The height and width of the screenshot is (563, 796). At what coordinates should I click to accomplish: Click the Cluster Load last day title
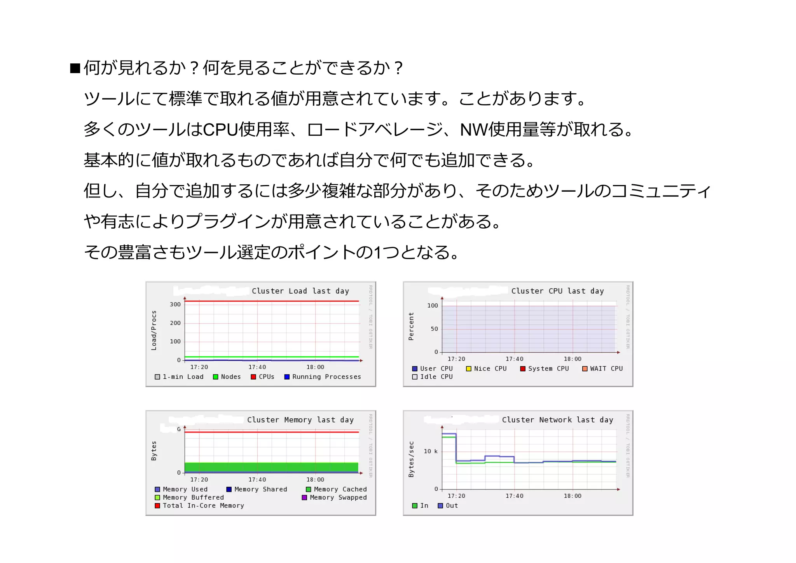(x=300, y=291)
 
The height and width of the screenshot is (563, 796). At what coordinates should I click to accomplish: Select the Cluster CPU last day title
(x=557, y=291)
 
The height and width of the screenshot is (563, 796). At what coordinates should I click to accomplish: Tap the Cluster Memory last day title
(x=300, y=420)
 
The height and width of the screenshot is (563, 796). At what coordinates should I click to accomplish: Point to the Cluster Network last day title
(x=557, y=420)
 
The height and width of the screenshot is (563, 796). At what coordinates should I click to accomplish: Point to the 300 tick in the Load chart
(x=175, y=304)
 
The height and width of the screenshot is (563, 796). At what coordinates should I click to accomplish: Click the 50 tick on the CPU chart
(x=434, y=329)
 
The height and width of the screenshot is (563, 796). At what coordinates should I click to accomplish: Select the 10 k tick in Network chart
(x=430, y=451)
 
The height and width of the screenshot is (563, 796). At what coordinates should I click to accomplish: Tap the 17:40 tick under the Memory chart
(x=257, y=480)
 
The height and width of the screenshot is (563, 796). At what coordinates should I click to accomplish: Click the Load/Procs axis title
(x=154, y=330)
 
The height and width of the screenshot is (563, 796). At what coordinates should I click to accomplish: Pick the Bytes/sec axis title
(x=411, y=459)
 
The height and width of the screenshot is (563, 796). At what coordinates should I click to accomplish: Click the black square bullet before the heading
(x=75, y=68)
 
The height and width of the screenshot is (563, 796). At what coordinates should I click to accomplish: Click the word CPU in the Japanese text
(x=220, y=129)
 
